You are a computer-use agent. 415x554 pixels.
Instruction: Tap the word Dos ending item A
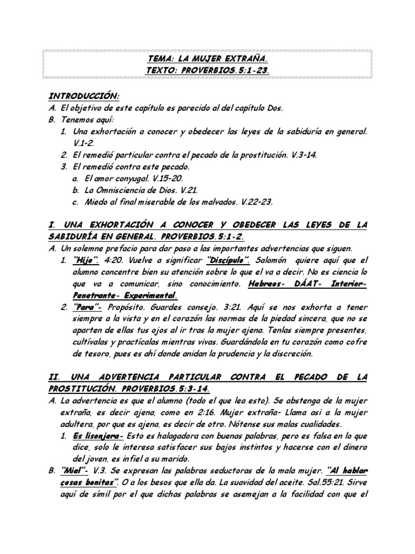click(x=273, y=108)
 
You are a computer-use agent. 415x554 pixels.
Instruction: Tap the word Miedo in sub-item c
click(x=97, y=202)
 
